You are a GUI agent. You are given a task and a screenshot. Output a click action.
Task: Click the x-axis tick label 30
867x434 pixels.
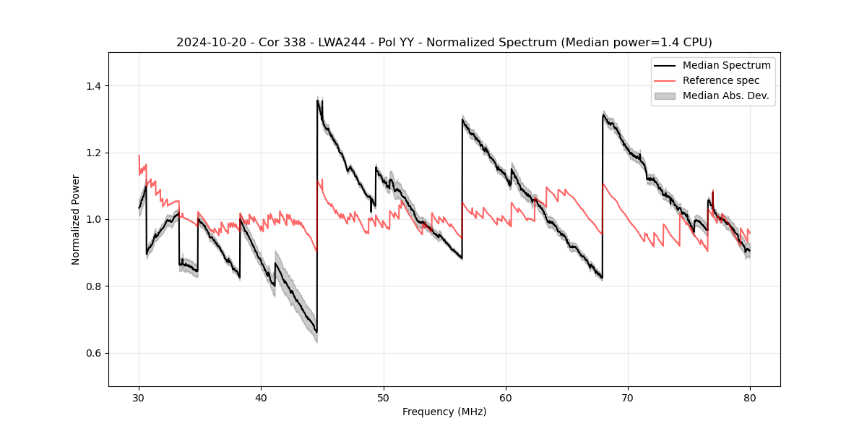(x=139, y=398)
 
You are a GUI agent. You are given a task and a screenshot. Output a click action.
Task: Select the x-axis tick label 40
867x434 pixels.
(x=262, y=398)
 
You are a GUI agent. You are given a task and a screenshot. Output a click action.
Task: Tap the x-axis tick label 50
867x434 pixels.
(x=384, y=398)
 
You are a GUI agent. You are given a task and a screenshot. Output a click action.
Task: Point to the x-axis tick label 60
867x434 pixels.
(x=506, y=398)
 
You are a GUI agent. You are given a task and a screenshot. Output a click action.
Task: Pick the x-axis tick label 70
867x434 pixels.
(x=628, y=398)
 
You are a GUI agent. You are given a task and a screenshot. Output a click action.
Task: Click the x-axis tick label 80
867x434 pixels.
(x=750, y=398)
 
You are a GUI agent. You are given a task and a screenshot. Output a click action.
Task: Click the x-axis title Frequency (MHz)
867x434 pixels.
(x=444, y=412)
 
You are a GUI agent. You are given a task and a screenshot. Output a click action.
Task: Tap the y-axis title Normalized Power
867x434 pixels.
(x=75, y=219)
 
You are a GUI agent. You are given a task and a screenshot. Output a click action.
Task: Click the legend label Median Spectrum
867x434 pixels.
(x=726, y=65)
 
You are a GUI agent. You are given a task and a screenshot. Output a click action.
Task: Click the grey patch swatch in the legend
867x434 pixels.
(x=665, y=95)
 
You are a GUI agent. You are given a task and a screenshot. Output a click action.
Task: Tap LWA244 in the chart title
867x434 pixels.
(x=342, y=43)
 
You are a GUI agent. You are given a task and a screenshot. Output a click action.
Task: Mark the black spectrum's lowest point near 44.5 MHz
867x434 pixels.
(x=316, y=332)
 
